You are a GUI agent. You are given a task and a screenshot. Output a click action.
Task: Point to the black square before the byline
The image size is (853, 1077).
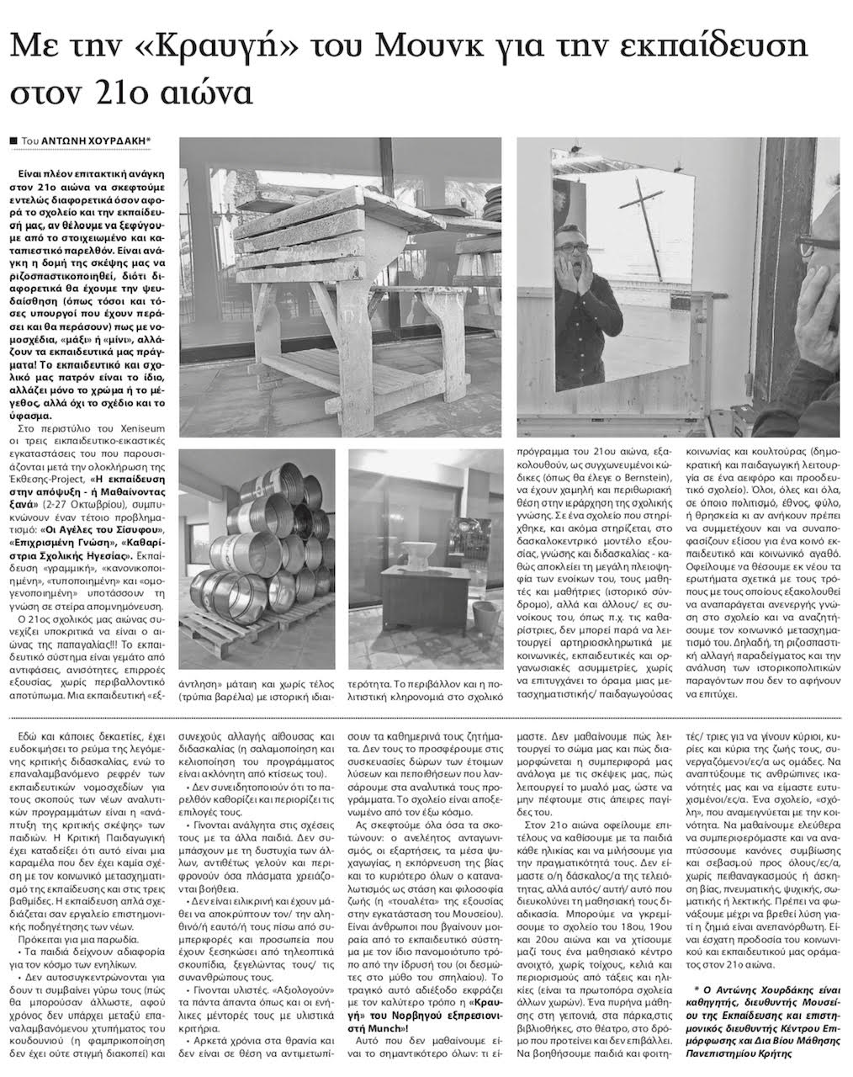pyautogui.click(x=13, y=142)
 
